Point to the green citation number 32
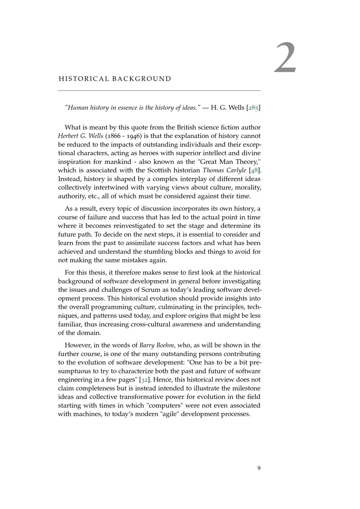coord(144,380)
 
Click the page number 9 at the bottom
coord(259,468)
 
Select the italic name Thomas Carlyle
coord(225,170)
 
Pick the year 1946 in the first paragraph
coord(133,136)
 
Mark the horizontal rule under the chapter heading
coord(159,90)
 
